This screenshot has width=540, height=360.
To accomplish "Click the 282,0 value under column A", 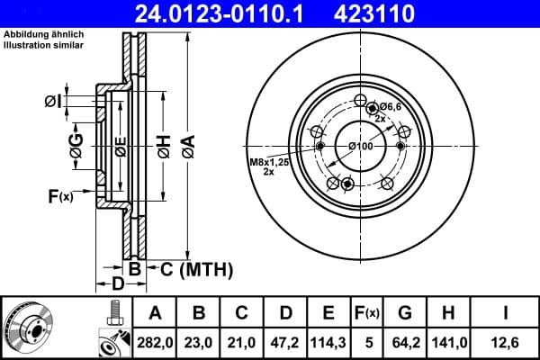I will pyautogui.click(x=155, y=343).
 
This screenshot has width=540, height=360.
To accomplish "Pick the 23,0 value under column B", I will pyautogui.click(x=199, y=343).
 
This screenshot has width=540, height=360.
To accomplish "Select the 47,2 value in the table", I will pyautogui.click(x=285, y=343).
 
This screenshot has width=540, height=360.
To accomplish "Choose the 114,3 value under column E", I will pyautogui.click(x=328, y=343).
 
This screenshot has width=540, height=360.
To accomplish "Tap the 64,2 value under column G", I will pyautogui.click(x=405, y=343).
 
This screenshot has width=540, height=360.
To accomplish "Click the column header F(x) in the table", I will pyautogui.click(x=367, y=313).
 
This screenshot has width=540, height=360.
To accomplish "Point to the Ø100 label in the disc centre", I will pyautogui.click(x=360, y=146).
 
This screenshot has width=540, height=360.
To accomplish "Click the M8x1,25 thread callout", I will pyautogui.click(x=267, y=162).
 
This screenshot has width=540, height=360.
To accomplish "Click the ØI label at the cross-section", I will pyautogui.click(x=52, y=103).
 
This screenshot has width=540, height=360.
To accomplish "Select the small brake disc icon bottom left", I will pyautogui.click(x=27, y=328).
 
